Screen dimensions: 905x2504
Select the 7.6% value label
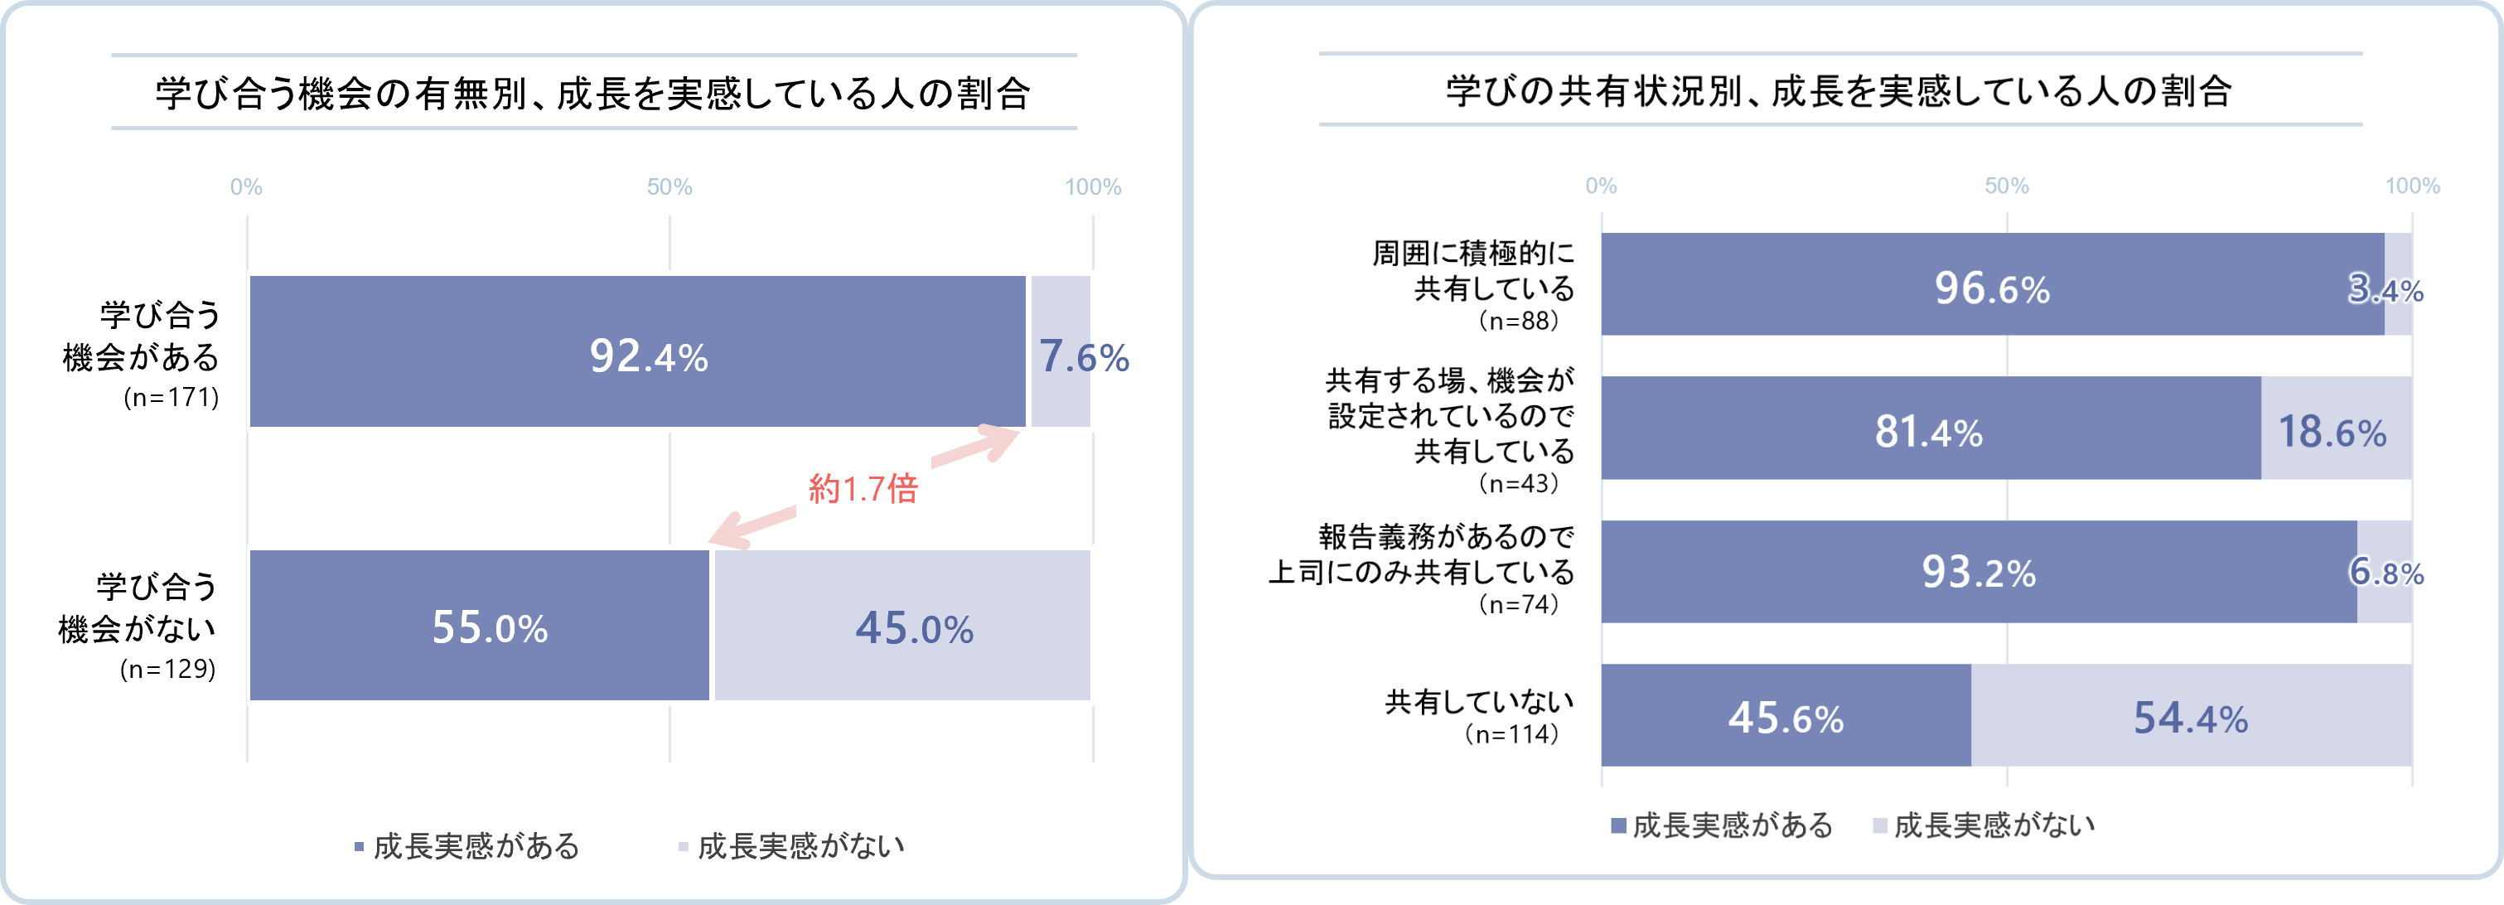pos(1084,356)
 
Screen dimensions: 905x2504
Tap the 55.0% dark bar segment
pos(479,626)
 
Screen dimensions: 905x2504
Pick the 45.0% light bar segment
pos(903,626)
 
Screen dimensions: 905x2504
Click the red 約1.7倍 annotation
pos(863,488)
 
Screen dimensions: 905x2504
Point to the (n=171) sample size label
pos(171,398)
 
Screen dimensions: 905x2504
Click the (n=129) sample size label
pos(167,669)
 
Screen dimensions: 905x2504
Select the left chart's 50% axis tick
pos(670,186)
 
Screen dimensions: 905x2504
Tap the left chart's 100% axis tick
pos(1093,186)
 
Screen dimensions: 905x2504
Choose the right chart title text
pos(1839,91)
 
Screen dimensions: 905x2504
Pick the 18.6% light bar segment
pos(2336,428)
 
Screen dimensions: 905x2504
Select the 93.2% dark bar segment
pos(1980,572)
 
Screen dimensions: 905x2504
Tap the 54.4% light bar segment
pos(2191,715)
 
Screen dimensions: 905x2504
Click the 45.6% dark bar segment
pos(1786,715)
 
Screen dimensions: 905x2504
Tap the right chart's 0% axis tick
pos(1601,186)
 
